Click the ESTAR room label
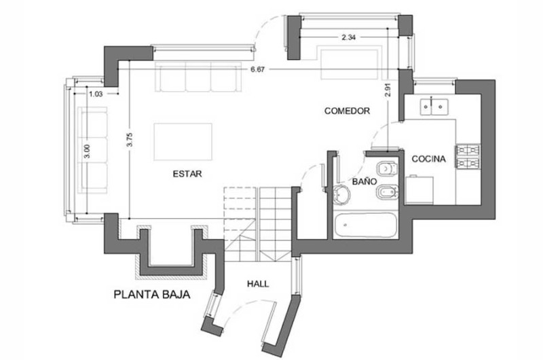[x=187, y=174]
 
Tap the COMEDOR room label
[x=347, y=111]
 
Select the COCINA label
[x=428, y=159]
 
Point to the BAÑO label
[x=364, y=181]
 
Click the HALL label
[x=258, y=284]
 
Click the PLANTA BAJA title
[x=152, y=295]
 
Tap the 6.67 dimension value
[x=258, y=69]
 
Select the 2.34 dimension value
[x=349, y=37]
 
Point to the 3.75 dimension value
[x=130, y=140]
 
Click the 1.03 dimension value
[x=96, y=94]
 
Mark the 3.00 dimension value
[x=87, y=151]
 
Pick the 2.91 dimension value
[x=388, y=89]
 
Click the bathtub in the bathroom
[x=366, y=226]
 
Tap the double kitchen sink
[x=434, y=107]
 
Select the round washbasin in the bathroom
[x=341, y=194]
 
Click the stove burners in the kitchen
[x=468, y=156]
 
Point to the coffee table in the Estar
[x=183, y=142]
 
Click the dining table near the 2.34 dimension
[x=349, y=65]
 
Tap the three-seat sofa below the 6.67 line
[x=198, y=77]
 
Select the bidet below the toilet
[x=387, y=193]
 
